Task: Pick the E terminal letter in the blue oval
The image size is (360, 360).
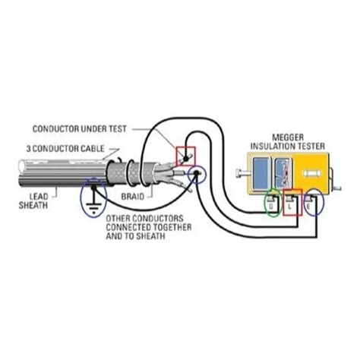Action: [x=311, y=204]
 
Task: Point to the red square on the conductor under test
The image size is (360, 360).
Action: [x=186, y=156]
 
